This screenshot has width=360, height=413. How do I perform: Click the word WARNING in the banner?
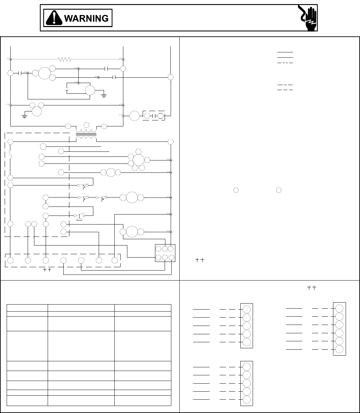tap(86, 18)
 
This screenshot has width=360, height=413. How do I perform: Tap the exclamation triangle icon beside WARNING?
tap(54, 18)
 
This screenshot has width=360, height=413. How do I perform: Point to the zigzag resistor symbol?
tap(65, 59)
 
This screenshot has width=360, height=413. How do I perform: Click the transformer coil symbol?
tap(86, 133)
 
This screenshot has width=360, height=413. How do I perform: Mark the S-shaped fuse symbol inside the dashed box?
tap(10, 155)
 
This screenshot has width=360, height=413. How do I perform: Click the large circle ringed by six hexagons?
tap(138, 160)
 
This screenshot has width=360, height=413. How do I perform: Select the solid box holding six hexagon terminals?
tap(165, 253)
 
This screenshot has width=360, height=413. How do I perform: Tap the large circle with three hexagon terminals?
tap(44, 73)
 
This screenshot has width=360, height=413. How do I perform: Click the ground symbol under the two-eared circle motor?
tap(24, 117)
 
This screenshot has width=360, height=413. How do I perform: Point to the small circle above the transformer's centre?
tap(86, 125)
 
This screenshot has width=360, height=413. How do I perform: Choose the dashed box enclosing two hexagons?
tap(154, 116)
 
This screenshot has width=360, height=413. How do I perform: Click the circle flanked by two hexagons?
tap(111, 172)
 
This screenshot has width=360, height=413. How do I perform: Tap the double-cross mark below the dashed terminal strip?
tap(47, 270)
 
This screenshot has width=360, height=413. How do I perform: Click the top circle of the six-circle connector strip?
tap(339, 308)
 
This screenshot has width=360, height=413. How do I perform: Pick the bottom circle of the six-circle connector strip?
tap(339, 349)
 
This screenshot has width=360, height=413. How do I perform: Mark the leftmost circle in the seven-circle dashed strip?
tap(10, 260)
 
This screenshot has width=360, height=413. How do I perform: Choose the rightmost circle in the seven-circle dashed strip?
tap(115, 260)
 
